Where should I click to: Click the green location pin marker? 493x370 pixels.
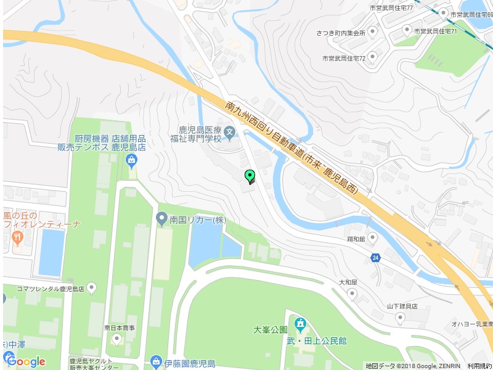[250, 176]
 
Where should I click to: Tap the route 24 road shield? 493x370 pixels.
[375, 257]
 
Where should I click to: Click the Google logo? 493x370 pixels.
[25, 361]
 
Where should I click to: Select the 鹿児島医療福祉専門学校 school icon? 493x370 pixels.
[229, 130]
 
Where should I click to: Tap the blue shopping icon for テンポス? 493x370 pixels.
[131, 162]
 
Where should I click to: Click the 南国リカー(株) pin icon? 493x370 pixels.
[161, 219]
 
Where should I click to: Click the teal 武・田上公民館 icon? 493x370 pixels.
[300, 324]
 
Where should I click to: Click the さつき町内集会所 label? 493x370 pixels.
[341, 33]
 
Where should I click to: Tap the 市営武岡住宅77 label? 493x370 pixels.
[391, 8]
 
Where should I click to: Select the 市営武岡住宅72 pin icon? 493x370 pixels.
[373, 58]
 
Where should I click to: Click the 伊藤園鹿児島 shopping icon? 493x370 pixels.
[157, 362]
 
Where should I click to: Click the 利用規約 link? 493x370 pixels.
[479, 366]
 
